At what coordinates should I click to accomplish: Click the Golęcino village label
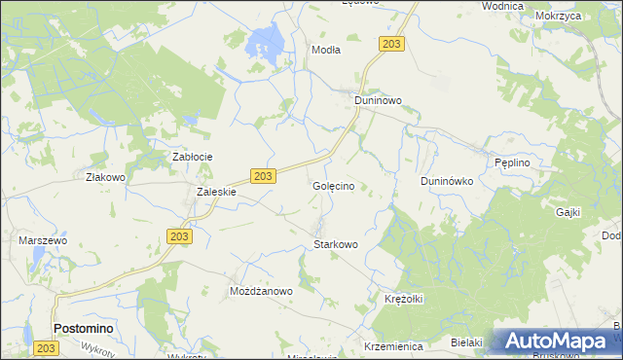[x=340, y=185]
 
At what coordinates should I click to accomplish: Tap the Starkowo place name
[x=336, y=244]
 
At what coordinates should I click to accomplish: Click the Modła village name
[x=325, y=50]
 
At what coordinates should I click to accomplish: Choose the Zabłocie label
[x=193, y=157]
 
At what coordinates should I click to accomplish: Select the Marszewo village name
[x=43, y=239]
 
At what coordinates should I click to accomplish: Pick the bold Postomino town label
[x=83, y=329]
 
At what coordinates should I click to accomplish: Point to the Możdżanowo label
[x=261, y=291]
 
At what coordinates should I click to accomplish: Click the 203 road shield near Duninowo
[x=392, y=45]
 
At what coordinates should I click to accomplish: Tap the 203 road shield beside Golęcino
[x=264, y=175]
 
